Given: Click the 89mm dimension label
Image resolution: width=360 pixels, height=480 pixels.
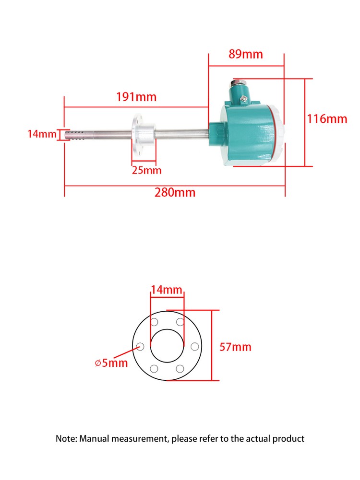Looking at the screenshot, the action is point(246,54).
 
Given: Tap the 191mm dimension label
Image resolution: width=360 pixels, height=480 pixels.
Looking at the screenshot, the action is point(136,97).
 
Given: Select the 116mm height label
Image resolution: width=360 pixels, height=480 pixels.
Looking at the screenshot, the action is point(327,119).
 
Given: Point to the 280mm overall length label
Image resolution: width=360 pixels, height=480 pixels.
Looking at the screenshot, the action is point(175,193).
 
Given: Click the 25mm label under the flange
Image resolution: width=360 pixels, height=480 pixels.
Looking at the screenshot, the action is point(147,170).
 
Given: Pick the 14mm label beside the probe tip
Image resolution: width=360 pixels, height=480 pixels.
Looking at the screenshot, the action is point(42,134).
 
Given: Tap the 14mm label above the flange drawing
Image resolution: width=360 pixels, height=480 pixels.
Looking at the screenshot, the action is point(167,290).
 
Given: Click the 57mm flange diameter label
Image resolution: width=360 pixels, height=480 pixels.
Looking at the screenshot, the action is point(235,347).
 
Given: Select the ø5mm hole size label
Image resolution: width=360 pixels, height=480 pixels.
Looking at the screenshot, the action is point(111,363).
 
